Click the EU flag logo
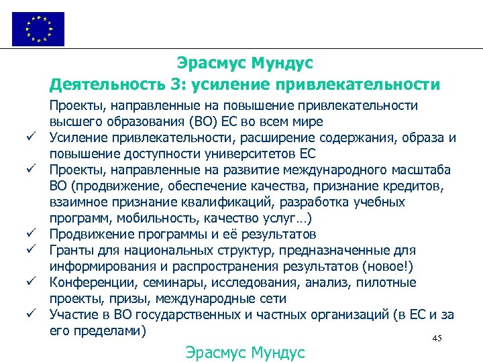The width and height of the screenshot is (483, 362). click(38, 29)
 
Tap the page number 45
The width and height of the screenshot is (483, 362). click(437, 339)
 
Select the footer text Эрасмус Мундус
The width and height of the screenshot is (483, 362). click(244, 352)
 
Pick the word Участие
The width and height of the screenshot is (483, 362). click(76, 315)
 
